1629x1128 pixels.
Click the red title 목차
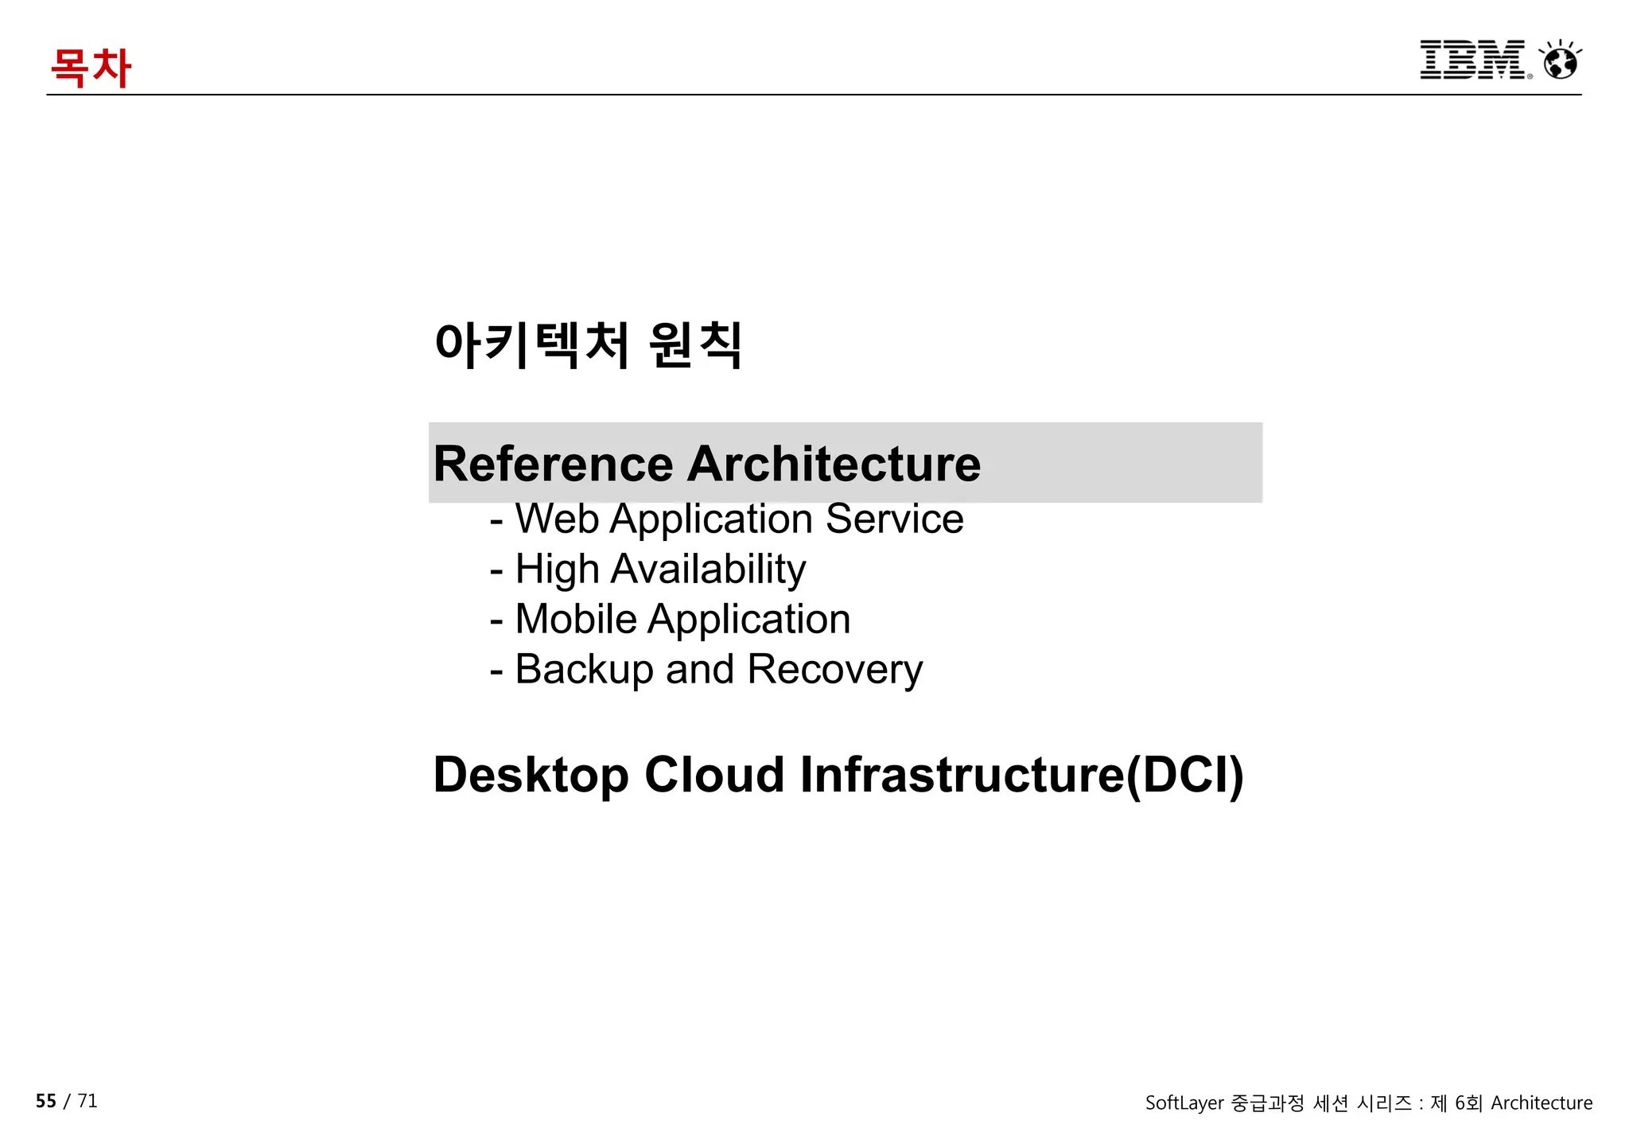tap(90, 67)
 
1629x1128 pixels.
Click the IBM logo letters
tap(1472, 60)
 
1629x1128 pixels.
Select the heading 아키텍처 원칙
tap(588, 345)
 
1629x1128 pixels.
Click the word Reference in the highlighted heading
tap(553, 464)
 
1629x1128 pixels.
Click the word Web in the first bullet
tap(557, 519)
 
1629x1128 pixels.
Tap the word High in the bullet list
tap(557, 570)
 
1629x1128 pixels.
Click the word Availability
tap(708, 570)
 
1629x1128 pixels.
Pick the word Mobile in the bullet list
tap(576, 619)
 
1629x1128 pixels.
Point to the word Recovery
tap(834, 669)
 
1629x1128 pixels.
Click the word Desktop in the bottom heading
tap(531, 775)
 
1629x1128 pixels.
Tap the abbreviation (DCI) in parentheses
tap(1184, 775)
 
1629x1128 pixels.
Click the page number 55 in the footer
tap(46, 1101)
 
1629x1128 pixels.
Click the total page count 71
tap(87, 1101)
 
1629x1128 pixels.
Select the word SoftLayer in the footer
tap(1184, 1103)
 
